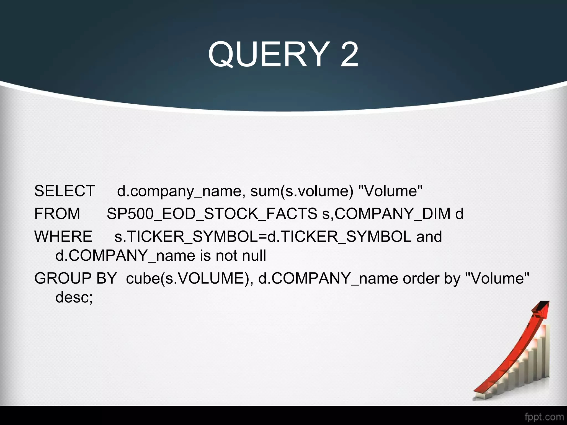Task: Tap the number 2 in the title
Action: point(349,55)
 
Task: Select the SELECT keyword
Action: point(65,191)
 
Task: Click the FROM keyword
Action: point(57,214)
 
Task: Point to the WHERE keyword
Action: point(63,237)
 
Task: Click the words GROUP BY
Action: point(75,278)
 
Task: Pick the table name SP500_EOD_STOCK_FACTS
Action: point(212,214)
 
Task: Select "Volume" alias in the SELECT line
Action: point(390,191)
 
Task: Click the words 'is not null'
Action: point(233,255)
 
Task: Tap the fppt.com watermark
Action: point(544,417)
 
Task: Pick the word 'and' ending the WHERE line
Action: point(429,237)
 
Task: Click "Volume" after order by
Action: point(497,278)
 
